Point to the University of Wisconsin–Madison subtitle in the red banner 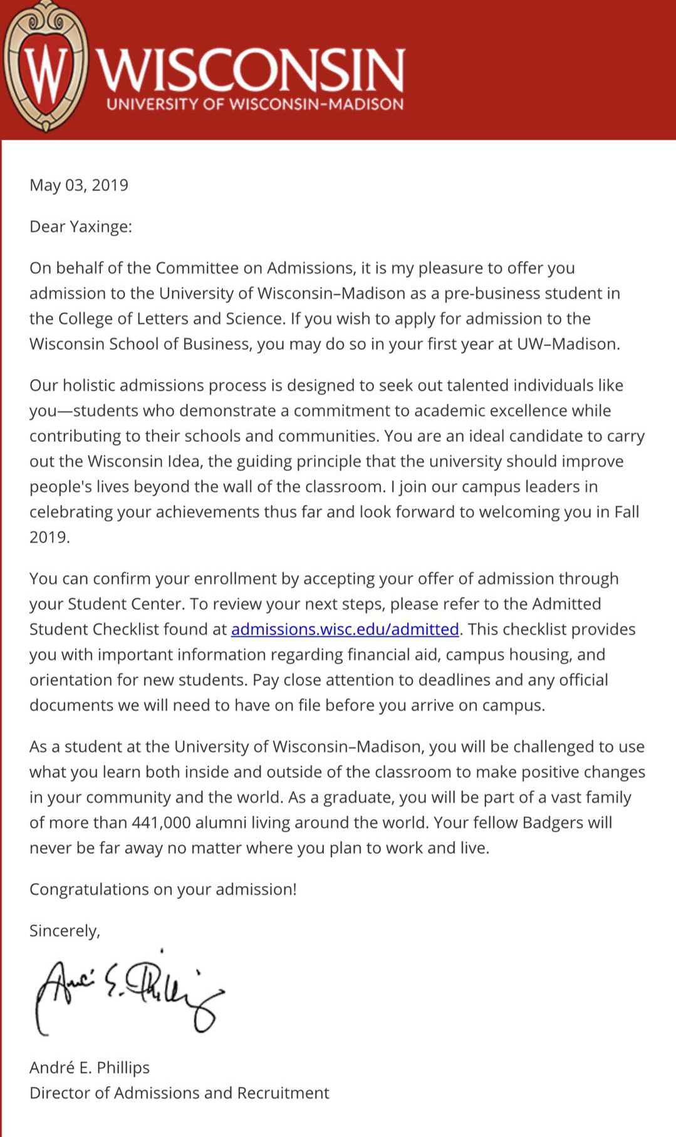point(255,104)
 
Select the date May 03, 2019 point(79,185)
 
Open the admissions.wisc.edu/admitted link point(345,630)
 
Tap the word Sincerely point(64,931)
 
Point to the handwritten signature point(128,990)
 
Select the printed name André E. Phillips point(90,1067)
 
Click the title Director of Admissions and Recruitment point(179,1093)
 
